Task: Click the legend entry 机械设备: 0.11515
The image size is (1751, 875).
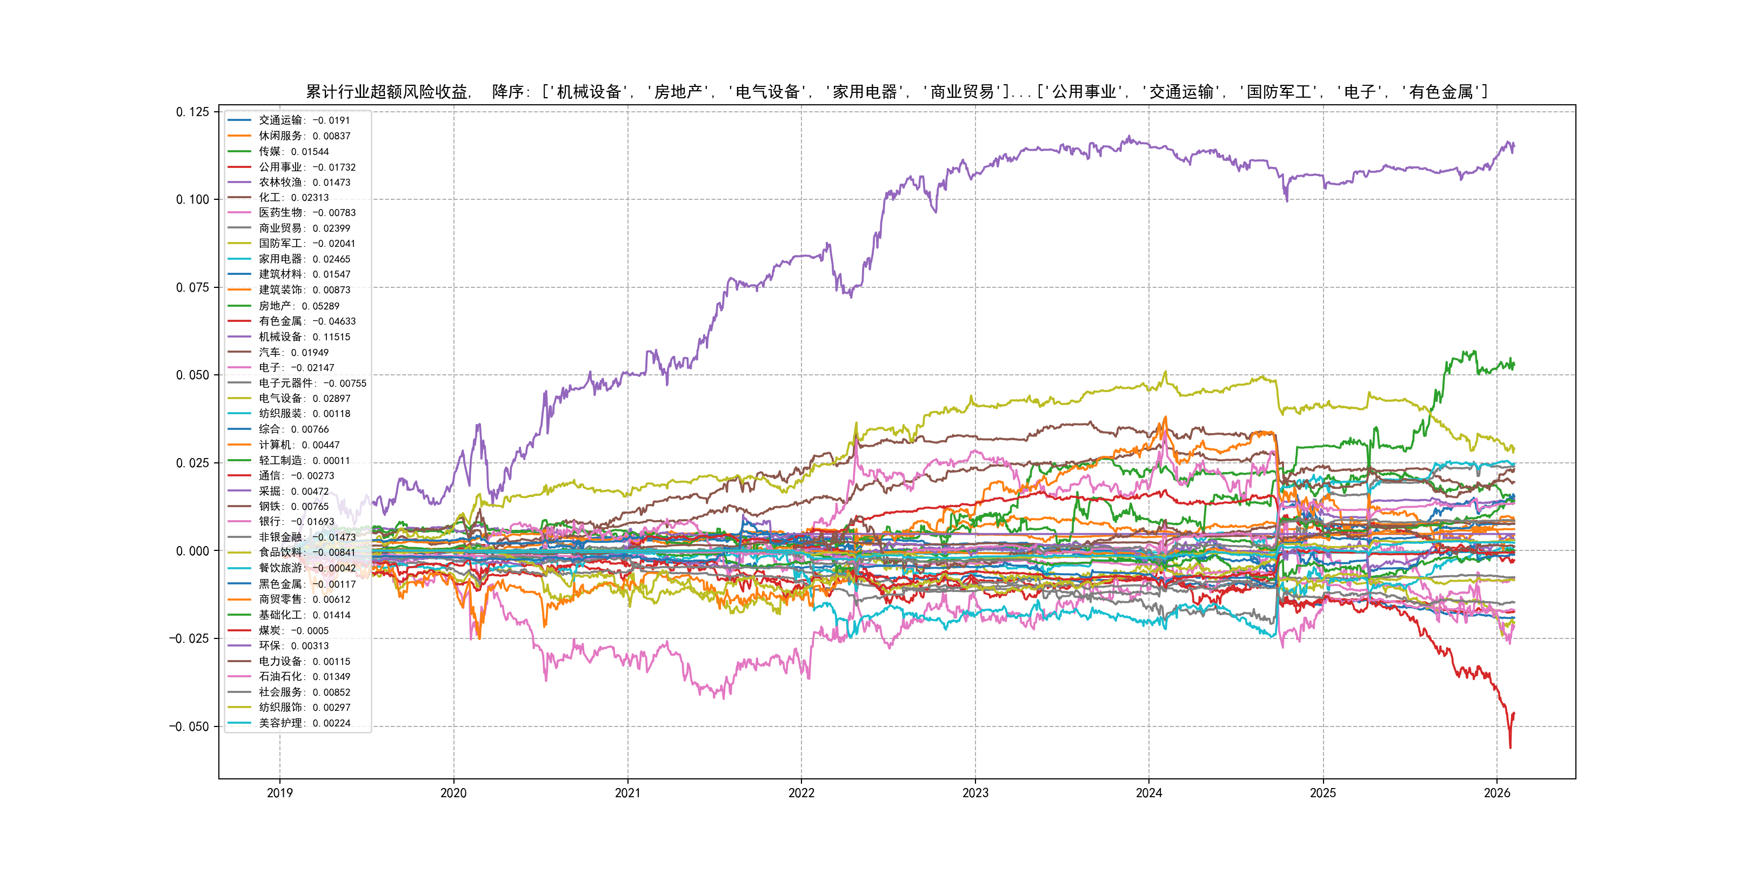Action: pos(304,337)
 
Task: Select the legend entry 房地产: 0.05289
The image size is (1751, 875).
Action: pos(298,306)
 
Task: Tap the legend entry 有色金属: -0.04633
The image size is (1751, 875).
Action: pos(306,321)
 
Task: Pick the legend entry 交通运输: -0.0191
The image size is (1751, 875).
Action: pos(304,120)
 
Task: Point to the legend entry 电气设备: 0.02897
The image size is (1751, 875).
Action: pos(304,399)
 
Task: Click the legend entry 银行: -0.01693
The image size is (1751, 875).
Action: pos(296,522)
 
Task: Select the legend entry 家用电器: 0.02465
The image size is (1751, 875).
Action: pos(304,259)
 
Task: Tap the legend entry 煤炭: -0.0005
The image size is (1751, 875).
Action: pos(293,630)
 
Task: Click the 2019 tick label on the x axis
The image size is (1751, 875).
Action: pos(279,793)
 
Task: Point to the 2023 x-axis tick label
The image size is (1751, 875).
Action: pos(975,793)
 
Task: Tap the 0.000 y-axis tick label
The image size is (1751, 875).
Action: pos(192,551)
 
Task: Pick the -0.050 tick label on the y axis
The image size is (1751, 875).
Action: pos(189,727)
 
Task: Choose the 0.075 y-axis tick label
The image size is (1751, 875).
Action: pos(192,287)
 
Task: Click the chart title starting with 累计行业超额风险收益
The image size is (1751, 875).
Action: pos(897,92)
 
